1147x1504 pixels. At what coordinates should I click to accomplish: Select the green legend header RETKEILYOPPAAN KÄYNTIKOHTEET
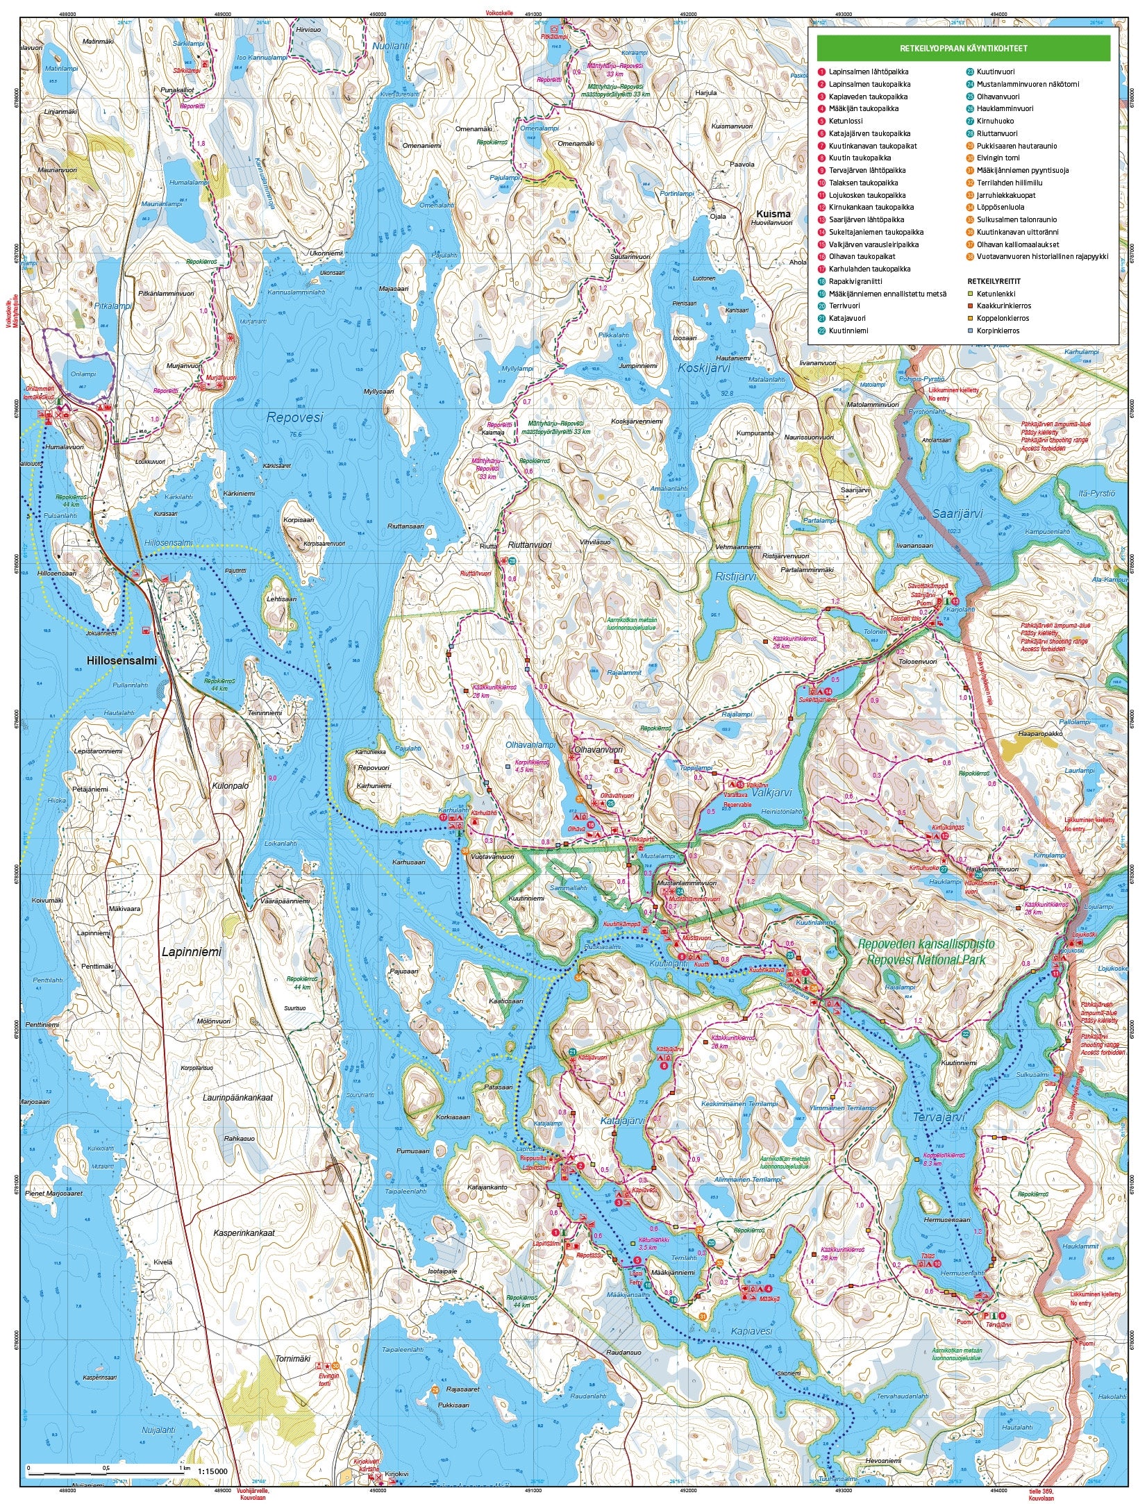(x=963, y=49)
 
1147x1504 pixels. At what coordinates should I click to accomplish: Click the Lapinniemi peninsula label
(x=192, y=952)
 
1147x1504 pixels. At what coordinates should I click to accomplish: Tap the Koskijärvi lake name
(x=705, y=369)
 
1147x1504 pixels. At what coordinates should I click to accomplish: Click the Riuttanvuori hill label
(x=530, y=545)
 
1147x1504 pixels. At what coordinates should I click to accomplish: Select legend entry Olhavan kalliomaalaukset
(x=1027, y=244)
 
